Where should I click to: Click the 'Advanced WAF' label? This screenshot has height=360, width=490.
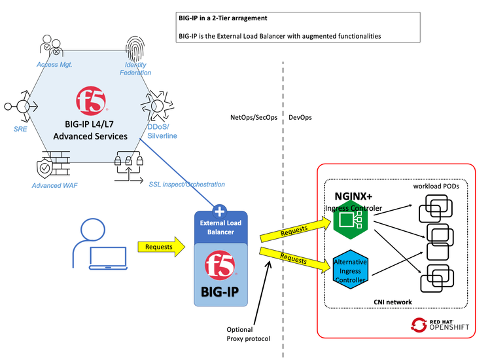pos(55,185)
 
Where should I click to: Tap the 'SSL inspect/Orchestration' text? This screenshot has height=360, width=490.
pos(187,185)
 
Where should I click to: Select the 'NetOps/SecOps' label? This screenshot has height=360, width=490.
pos(254,118)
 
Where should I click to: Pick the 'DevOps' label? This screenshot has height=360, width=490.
pos(300,118)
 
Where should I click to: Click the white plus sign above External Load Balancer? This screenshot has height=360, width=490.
pos(220,211)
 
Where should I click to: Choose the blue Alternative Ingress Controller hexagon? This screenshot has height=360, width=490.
pos(350,270)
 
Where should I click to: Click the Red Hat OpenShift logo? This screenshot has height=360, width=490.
pos(440,324)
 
